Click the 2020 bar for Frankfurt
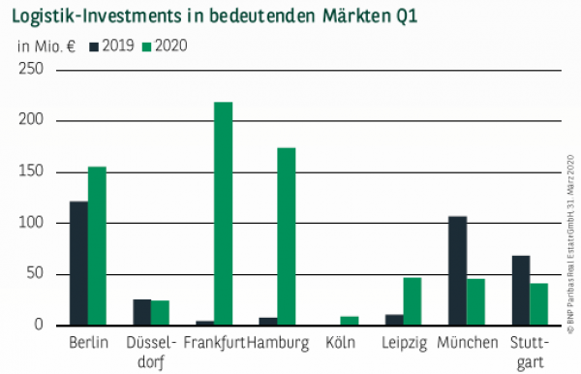(223, 213)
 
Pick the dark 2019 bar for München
(457, 270)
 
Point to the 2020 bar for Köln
(349, 321)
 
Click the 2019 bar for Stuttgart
(520, 290)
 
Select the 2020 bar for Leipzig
(413, 301)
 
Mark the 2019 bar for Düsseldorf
(141, 312)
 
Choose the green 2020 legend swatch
(147, 46)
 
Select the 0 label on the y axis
(39, 326)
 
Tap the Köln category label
(340, 343)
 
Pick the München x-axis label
(467, 343)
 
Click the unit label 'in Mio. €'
(46, 46)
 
